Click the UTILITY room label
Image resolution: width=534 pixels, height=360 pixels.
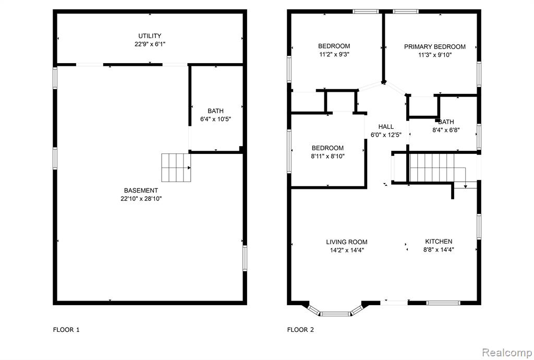pyautogui.click(x=150, y=36)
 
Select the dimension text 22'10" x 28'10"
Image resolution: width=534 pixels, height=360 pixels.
pyautogui.click(x=141, y=199)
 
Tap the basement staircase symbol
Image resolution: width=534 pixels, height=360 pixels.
pyautogui.click(x=176, y=167)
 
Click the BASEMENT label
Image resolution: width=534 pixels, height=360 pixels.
pyautogui.click(x=141, y=190)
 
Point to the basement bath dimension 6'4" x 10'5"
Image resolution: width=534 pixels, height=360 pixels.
pyautogui.click(x=215, y=119)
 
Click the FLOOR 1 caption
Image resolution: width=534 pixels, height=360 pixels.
pyautogui.click(x=66, y=329)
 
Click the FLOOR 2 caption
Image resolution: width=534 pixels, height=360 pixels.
pyautogui.click(x=301, y=329)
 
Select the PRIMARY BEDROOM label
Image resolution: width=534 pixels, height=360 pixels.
pyautogui.click(x=435, y=46)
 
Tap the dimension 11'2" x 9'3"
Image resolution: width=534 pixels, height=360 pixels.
pyautogui.click(x=334, y=54)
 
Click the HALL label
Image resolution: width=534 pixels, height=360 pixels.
pyautogui.click(x=386, y=127)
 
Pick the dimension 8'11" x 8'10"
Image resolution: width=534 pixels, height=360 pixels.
pyautogui.click(x=328, y=157)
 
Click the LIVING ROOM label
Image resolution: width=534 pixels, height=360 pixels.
pyautogui.click(x=347, y=242)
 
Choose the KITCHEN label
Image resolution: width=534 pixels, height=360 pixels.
pyautogui.click(x=439, y=242)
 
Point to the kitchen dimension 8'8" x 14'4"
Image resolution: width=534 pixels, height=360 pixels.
pyautogui.click(x=439, y=249)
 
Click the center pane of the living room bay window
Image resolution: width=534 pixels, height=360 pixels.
pyautogui.click(x=335, y=314)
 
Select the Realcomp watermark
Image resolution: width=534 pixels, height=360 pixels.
pyautogui.click(x=507, y=353)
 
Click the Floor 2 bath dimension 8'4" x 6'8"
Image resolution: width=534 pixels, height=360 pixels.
pyautogui.click(x=446, y=130)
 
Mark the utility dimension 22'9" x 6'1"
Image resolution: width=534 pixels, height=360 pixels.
pyautogui.click(x=150, y=44)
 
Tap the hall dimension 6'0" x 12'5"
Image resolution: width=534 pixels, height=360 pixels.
pyautogui.click(x=386, y=135)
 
